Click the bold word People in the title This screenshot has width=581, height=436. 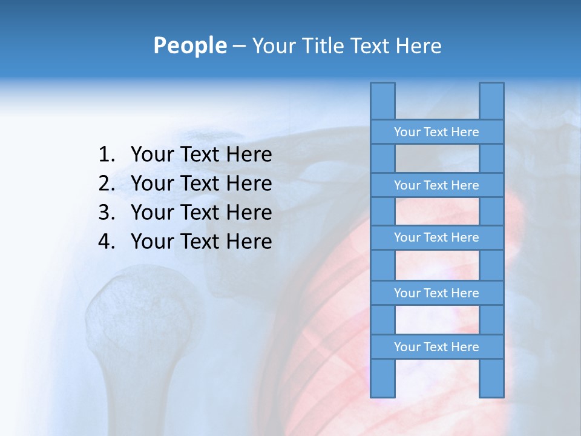tap(189, 45)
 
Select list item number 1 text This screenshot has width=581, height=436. tap(201, 154)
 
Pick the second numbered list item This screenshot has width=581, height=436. tap(201, 183)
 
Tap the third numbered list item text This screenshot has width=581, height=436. tap(201, 213)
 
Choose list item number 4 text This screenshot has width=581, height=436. tap(201, 242)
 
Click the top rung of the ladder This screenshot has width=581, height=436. tap(436, 132)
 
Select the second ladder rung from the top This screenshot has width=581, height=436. tap(436, 185)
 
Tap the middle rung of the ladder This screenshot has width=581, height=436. tap(436, 237)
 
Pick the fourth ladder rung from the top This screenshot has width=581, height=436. tap(436, 293)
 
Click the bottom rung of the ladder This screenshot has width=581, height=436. tap(436, 347)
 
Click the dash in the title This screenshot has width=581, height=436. tap(238, 45)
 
